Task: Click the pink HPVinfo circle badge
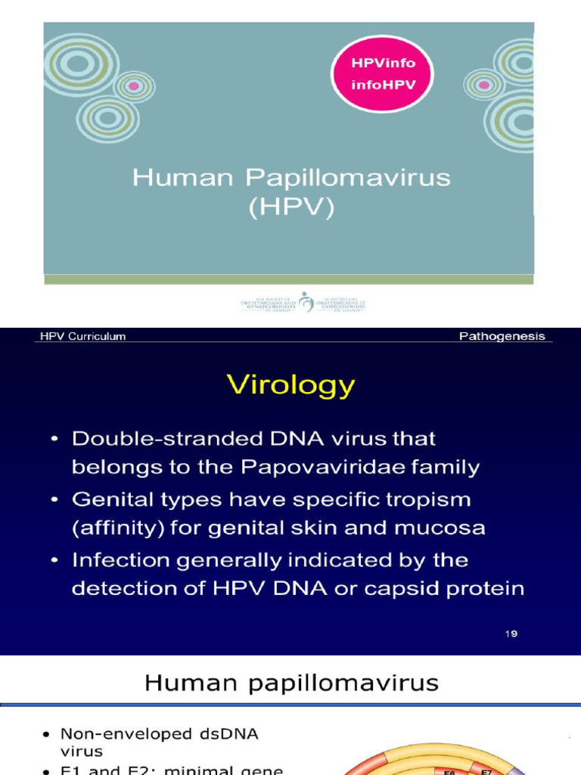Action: [384, 73]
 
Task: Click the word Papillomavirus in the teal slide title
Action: [348, 179]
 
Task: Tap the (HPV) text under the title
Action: [291, 207]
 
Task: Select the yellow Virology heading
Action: [290, 384]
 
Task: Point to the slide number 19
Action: [511, 633]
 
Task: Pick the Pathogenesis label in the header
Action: [502, 337]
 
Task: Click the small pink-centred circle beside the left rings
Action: [134, 86]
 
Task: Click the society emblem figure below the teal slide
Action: [306, 302]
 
